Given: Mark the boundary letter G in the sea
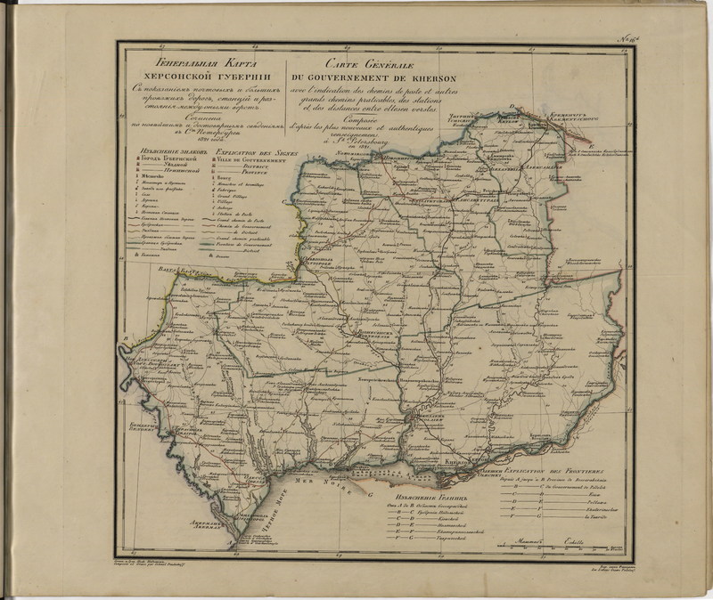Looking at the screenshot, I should (368, 492).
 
